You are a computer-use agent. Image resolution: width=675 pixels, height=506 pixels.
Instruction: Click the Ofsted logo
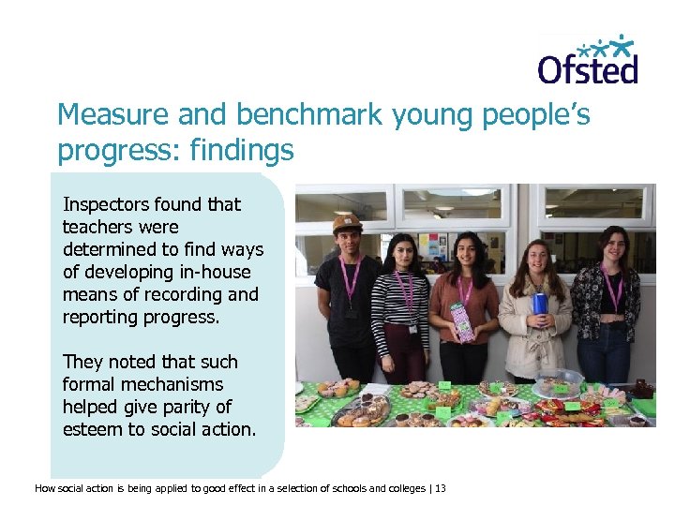point(587,60)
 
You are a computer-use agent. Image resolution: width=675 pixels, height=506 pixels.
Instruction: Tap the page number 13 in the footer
point(442,488)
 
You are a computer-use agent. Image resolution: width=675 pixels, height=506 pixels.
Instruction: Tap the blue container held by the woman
point(538,304)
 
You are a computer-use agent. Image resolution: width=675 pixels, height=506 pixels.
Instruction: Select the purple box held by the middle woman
point(461,320)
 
